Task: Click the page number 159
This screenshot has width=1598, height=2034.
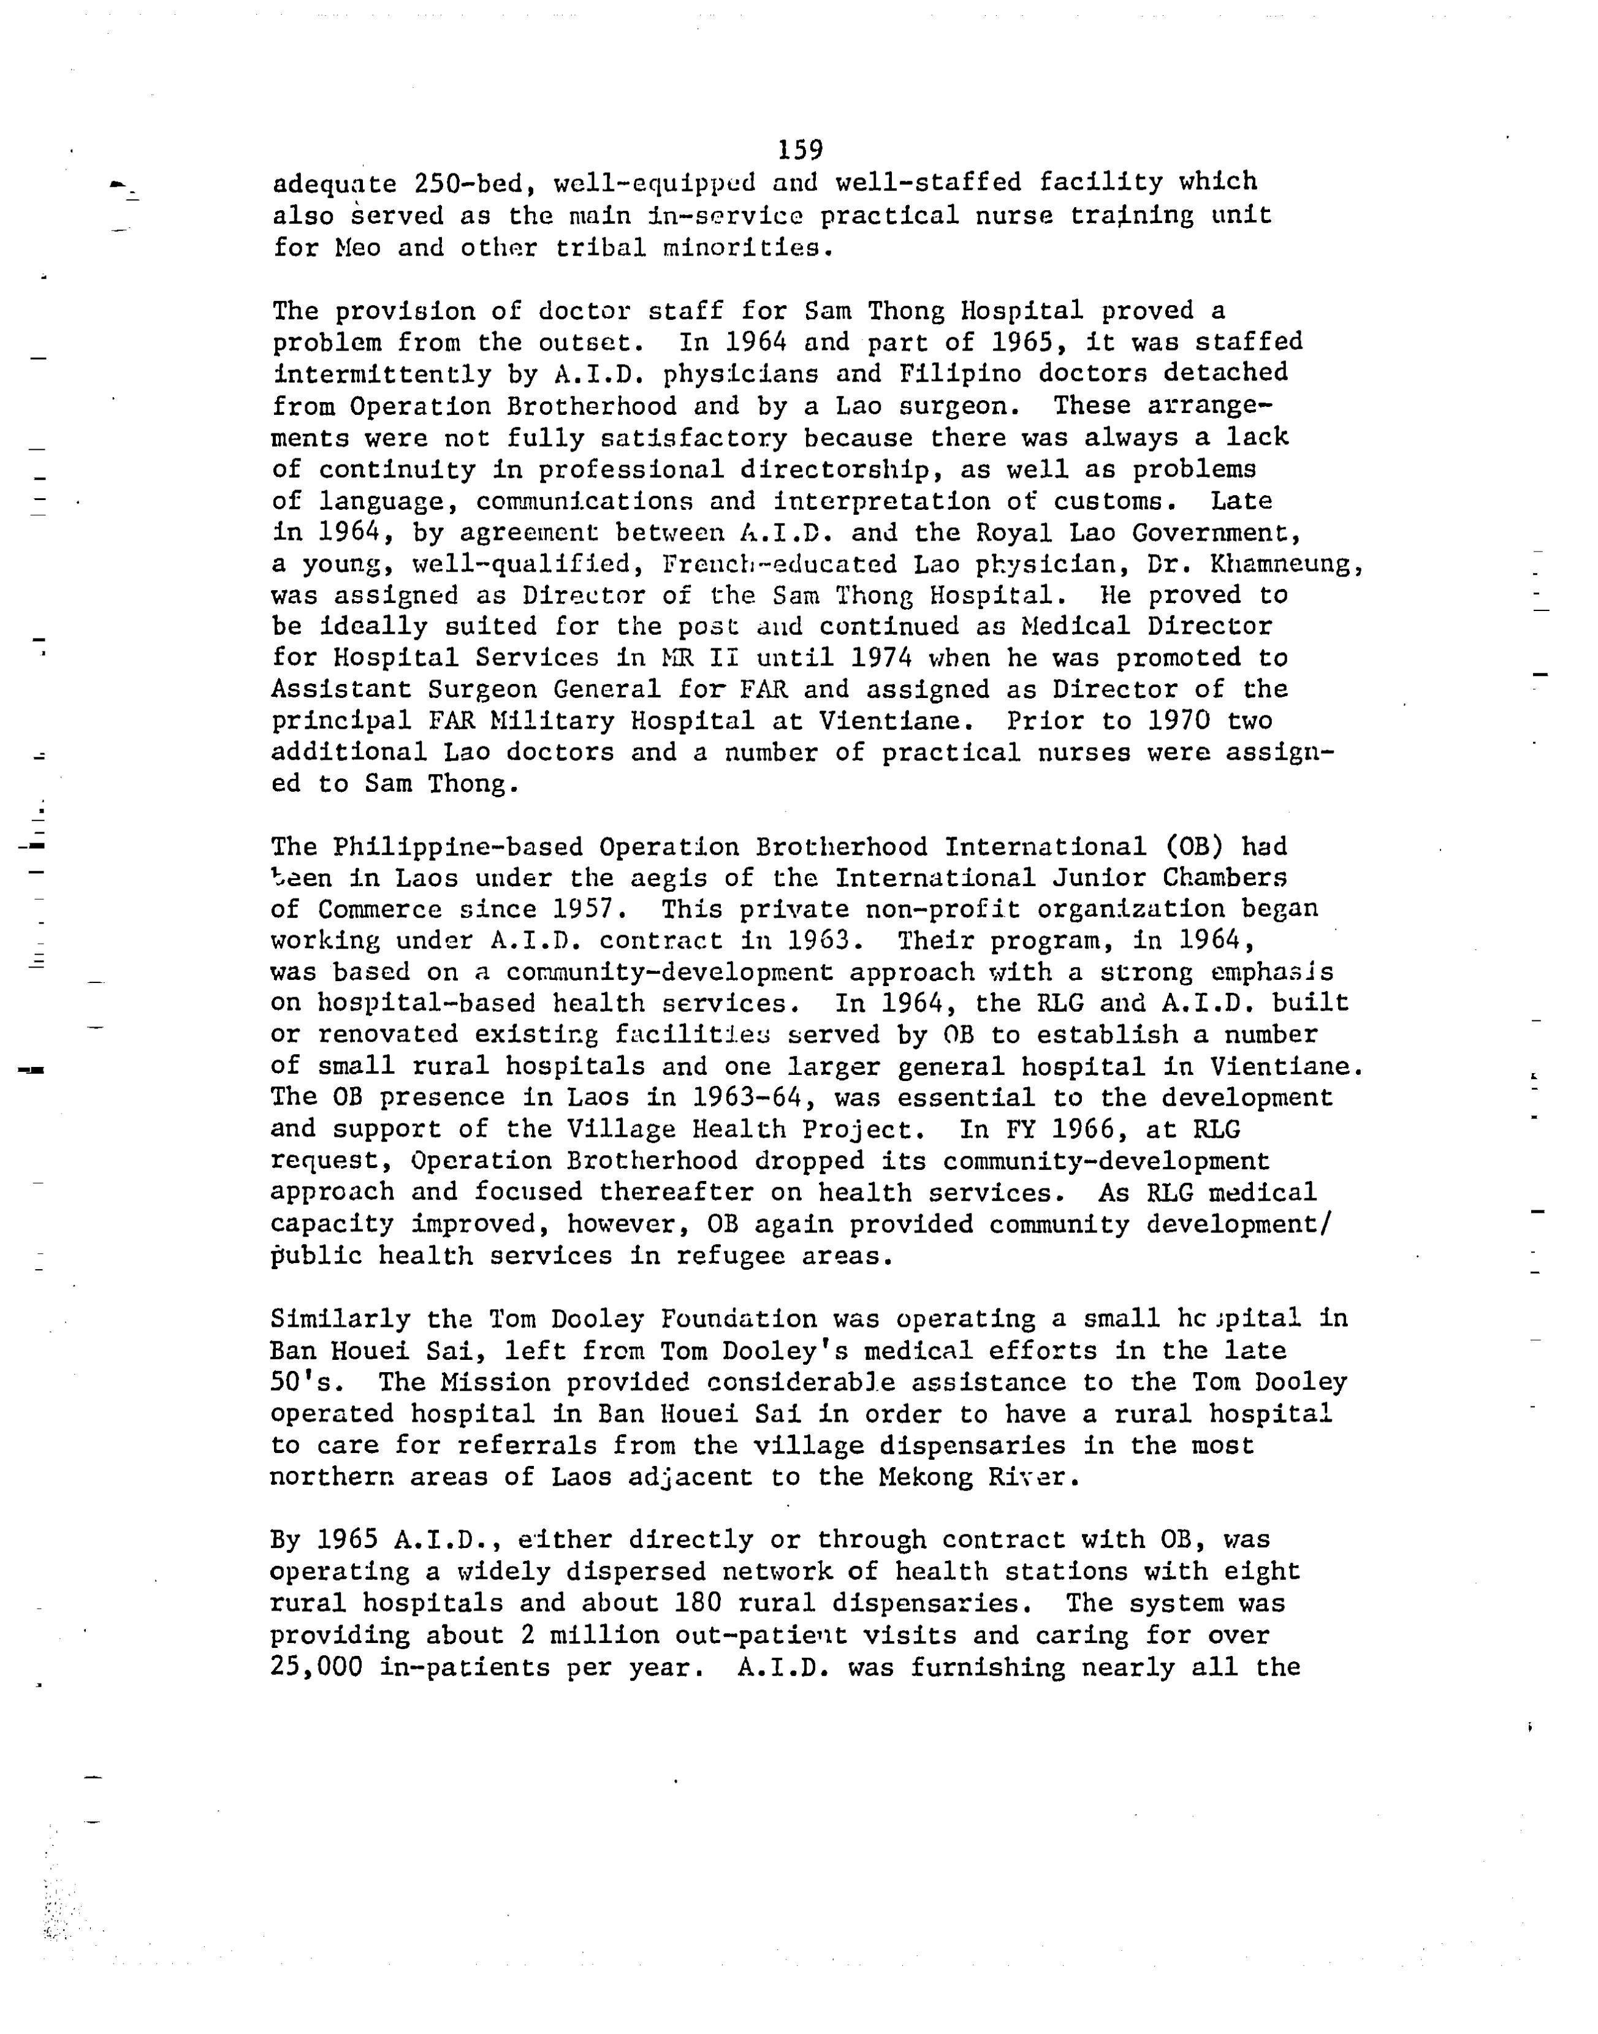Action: pyautogui.click(x=799, y=150)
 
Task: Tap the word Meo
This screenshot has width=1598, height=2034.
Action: pyautogui.click(x=357, y=248)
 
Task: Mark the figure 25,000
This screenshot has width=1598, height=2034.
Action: pyautogui.click(x=316, y=1666)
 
